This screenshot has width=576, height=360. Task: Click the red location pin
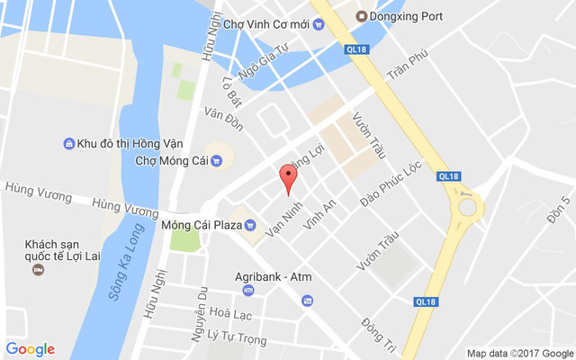288,176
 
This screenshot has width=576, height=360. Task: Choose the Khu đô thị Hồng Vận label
122,143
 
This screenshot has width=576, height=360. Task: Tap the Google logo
30,349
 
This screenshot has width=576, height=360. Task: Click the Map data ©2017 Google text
520,353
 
